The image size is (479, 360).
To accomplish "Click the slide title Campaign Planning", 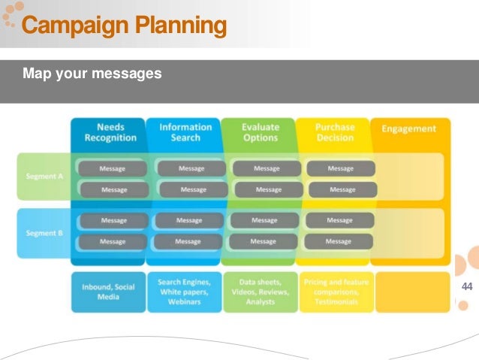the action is [124, 26].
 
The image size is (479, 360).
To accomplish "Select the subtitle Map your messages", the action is [92, 74].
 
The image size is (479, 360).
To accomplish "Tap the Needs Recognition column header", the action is [110, 132].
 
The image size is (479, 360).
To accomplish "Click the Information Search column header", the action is [185, 132].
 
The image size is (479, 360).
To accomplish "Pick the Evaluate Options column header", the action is [260, 132].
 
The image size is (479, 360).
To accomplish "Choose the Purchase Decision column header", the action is [335, 132].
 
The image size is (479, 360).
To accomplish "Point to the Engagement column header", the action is [408, 129].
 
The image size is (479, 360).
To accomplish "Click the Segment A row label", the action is [44, 176].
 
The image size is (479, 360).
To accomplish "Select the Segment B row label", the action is [44, 233].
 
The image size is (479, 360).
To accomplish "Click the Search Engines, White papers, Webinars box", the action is [184, 292].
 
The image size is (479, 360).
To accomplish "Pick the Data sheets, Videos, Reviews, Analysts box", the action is [260, 292].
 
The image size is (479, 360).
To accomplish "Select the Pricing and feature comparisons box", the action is [336, 292].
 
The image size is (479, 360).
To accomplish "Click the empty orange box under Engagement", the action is [412, 292].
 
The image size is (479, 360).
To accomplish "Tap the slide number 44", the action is [467, 287].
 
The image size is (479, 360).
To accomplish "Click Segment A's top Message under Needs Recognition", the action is [113, 168].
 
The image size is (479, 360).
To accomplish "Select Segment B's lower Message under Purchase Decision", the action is [339, 242].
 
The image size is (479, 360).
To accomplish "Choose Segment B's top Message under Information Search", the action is [188, 220].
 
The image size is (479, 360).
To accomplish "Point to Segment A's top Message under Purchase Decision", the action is [340, 168].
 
